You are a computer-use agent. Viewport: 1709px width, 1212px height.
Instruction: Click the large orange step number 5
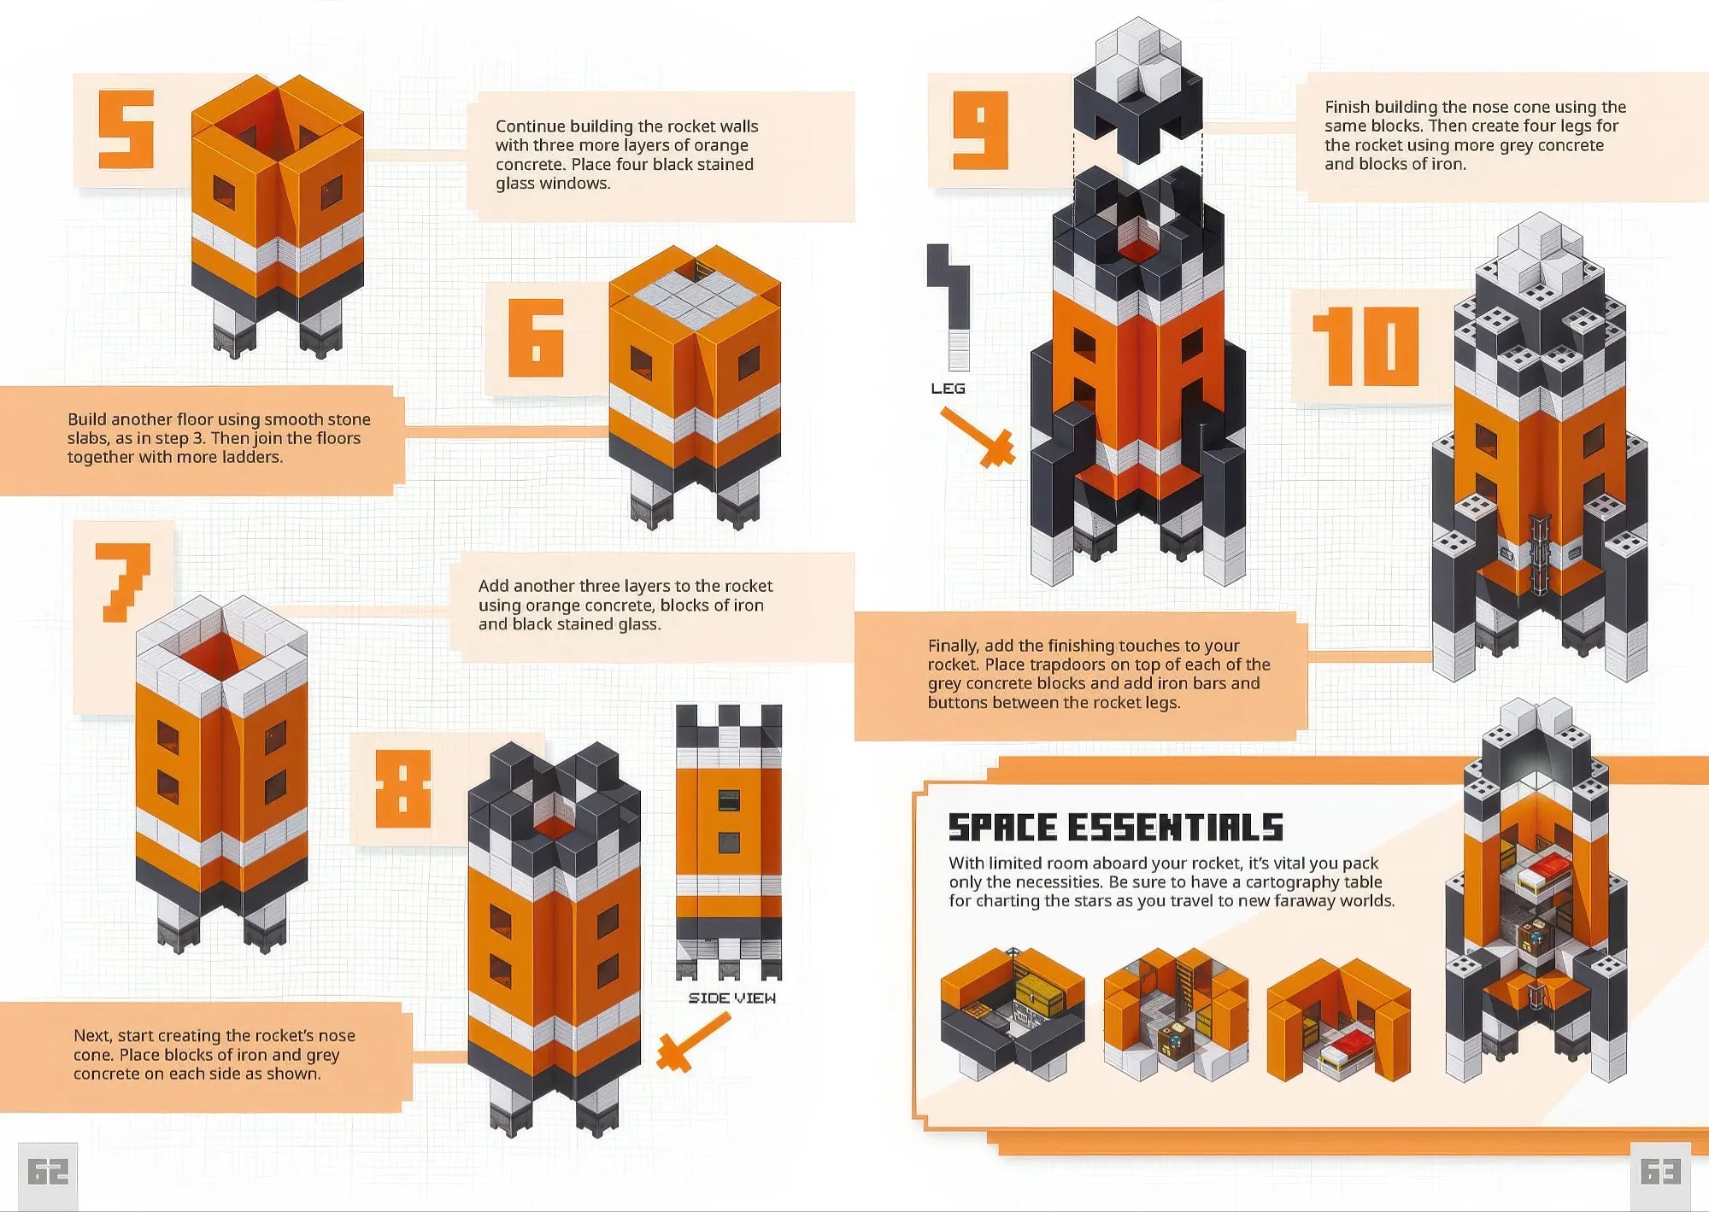(126, 130)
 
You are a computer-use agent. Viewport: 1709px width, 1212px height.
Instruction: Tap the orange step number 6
(536, 337)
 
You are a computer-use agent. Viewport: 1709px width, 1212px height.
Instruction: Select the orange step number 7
(123, 582)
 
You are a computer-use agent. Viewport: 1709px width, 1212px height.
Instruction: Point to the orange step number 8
(403, 788)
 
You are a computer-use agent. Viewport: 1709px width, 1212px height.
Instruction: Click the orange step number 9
(980, 131)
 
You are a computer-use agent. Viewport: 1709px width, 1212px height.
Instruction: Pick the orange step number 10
(1365, 346)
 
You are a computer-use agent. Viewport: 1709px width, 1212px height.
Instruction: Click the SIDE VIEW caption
(732, 998)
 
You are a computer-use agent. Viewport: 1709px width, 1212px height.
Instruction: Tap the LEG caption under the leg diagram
(948, 389)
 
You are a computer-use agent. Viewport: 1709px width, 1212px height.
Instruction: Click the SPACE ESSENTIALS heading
(1116, 827)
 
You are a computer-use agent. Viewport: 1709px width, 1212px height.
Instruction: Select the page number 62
(48, 1172)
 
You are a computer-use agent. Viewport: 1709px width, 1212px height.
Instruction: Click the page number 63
(1660, 1171)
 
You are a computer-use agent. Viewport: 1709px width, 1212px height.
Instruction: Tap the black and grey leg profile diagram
(951, 307)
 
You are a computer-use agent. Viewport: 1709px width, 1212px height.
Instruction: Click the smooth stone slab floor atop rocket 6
(695, 296)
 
